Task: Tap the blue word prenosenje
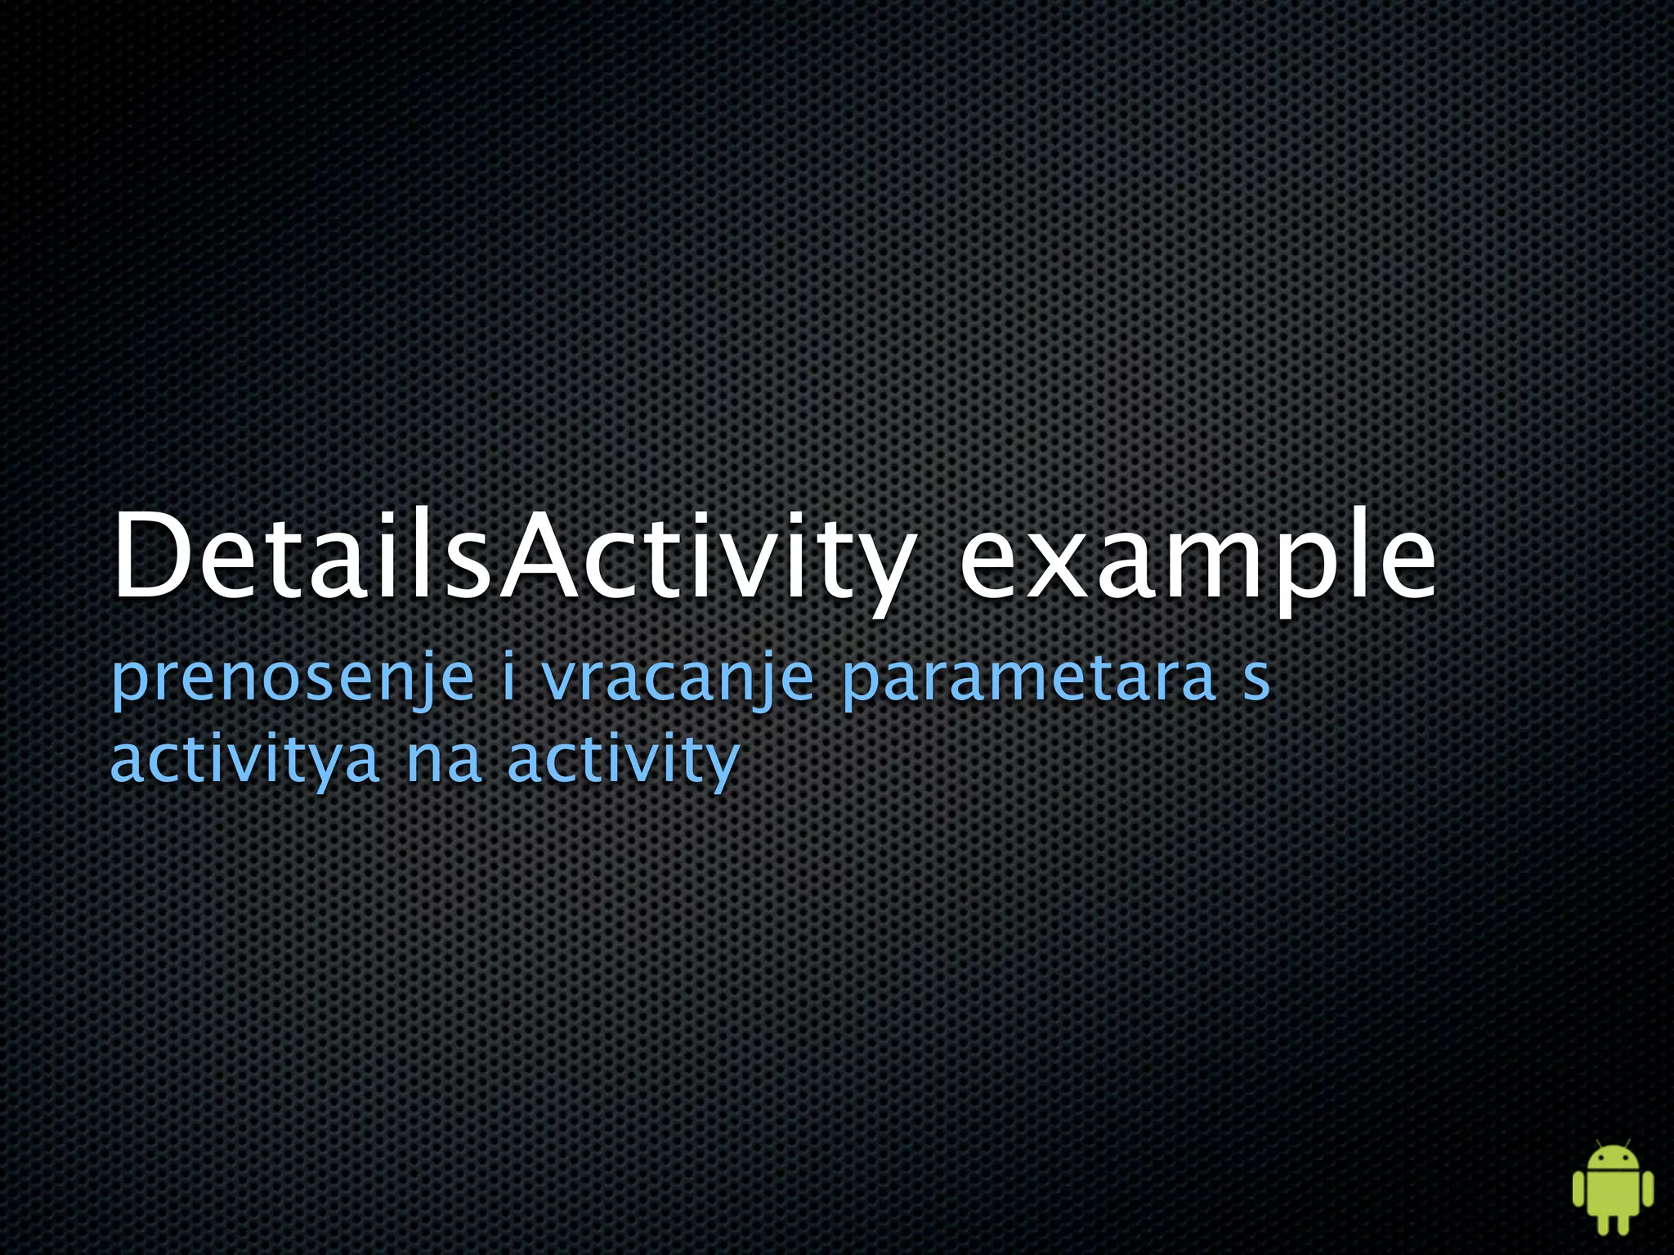pyautogui.click(x=293, y=678)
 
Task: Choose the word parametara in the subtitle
pyautogui.click(x=1028, y=678)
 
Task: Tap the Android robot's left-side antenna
pyautogui.click(x=1598, y=1142)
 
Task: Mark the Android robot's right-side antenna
pyautogui.click(x=1627, y=1142)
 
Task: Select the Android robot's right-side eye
pyautogui.click(x=1623, y=1159)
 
